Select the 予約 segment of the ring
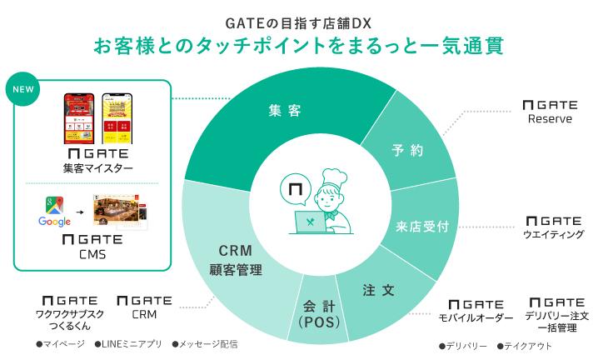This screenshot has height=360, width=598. pyautogui.click(x=407, y=151)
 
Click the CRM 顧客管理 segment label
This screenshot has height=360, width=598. pyautogui.click(x=235, y=259)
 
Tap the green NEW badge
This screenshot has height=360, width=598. pyautogui.click(x=26, y=91)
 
